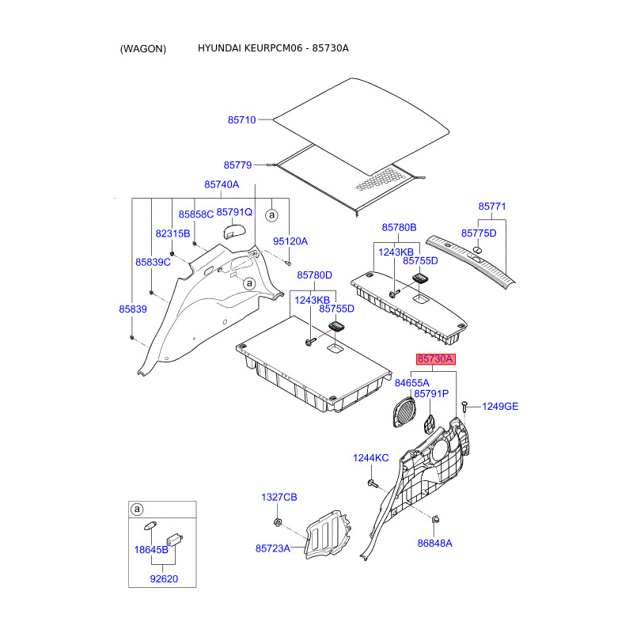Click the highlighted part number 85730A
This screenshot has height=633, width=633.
[436, 359]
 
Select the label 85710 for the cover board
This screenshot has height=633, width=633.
[242, 120]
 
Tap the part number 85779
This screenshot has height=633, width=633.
[238, 165]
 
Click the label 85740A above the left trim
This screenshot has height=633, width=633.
[222, 184]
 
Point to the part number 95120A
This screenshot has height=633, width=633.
[290, 241]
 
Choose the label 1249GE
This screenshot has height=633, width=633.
[500, 407]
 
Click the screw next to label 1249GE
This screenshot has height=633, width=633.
[464, 406]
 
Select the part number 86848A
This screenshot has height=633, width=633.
[434, 544]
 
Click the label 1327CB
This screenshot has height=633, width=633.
[279, 498]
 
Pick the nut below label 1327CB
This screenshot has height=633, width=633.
[278, 522]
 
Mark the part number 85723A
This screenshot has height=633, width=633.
[273, 548]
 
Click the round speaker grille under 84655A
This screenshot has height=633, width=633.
[404, 412]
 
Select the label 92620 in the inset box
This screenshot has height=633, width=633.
[164, 579]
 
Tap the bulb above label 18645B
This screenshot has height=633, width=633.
[150, 526]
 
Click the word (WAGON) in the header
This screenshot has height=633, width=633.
[143, 49]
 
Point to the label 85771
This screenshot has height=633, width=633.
[491, 207]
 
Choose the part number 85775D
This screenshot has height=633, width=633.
[479, 233]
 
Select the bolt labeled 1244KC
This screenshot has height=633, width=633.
[373, 483]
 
